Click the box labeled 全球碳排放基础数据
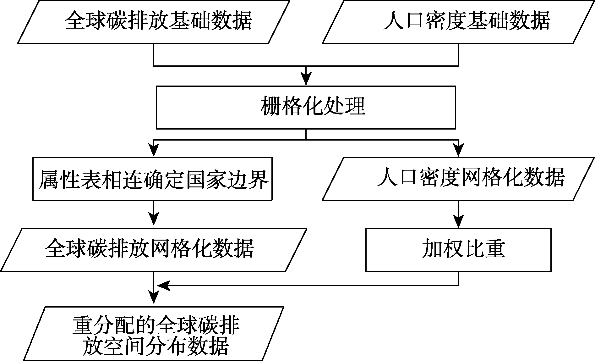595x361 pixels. (153, 22)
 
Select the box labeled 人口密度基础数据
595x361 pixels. (458, 22)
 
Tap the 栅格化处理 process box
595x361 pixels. (306, 107)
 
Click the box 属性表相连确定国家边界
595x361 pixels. (152, 179)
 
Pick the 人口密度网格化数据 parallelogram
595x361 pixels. (458, 179)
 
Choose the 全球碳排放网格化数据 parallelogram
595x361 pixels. (153, 250)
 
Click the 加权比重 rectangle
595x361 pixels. (458, 250)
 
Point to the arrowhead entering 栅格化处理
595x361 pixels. (306, 79)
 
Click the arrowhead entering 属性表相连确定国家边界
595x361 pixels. (154, 151)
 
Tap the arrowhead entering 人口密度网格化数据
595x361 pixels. (458, 151)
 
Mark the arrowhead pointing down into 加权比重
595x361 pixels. (458, 222)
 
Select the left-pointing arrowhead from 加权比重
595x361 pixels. (163, 286)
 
